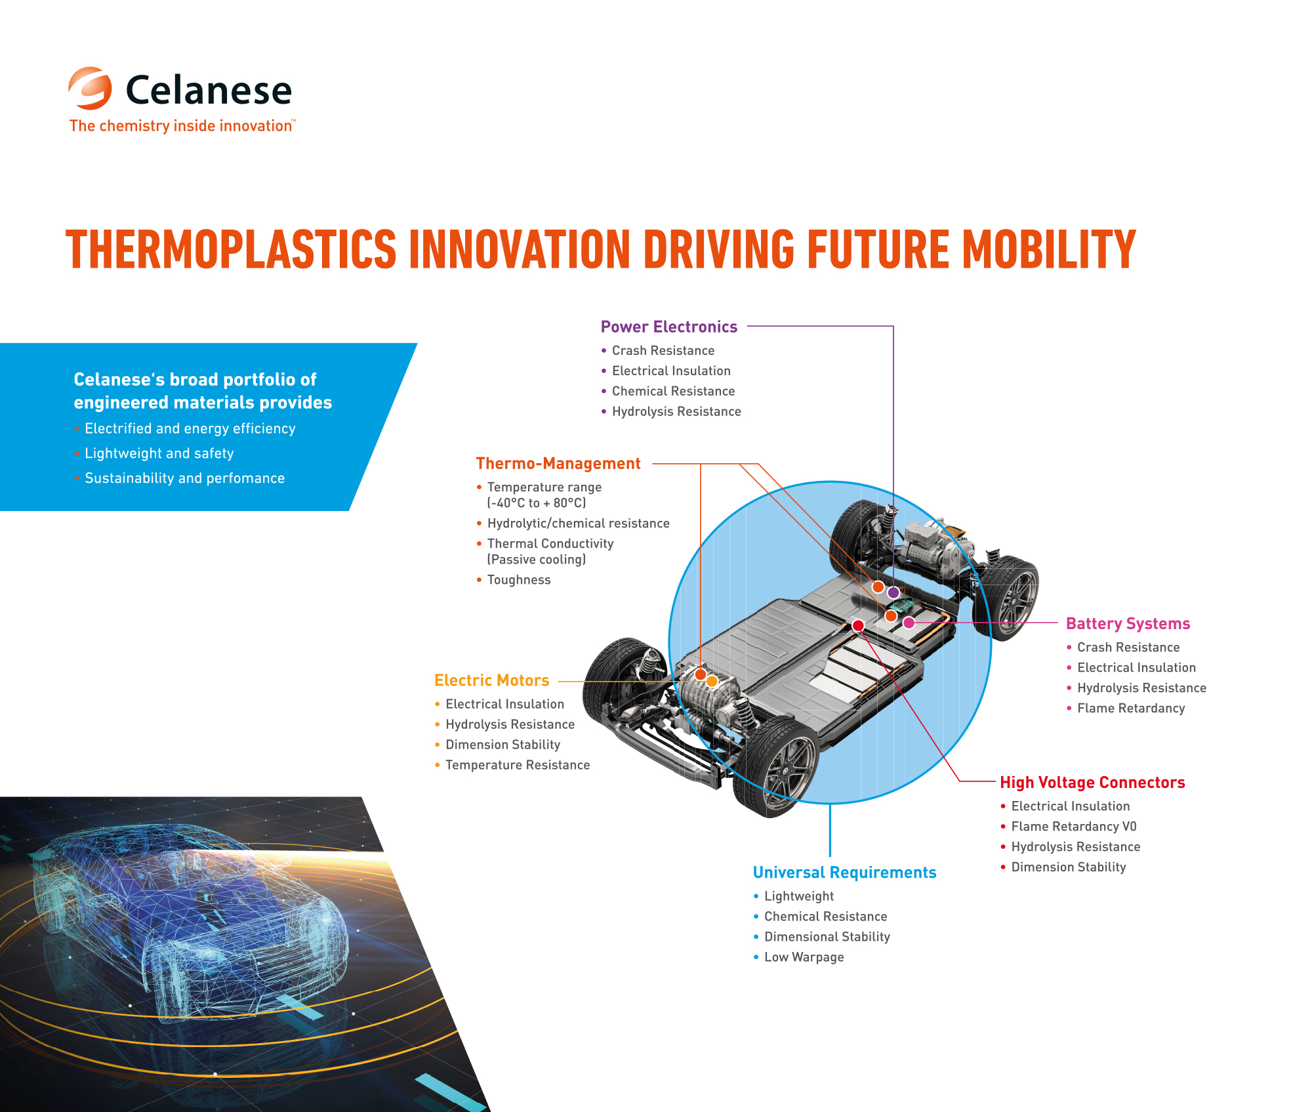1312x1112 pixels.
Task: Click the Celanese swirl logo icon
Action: pyautogui.click(x=90, y=88)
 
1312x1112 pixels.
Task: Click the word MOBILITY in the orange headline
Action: pyautogui.click(x=1049, y=249)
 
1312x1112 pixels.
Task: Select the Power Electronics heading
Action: pyautogui.click(x=668, y=327)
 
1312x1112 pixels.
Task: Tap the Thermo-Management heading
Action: pyautogui.click(x=558, y=463)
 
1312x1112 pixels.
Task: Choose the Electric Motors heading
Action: pyautogui.click(x=491, y=680)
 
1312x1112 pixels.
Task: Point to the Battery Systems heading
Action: pyautogui.click(x=1128, y=624)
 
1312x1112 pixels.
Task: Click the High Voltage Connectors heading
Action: pyautogui.click(x=1092, y=783)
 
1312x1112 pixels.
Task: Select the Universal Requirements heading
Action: pyautogui.click(x=844, y=873)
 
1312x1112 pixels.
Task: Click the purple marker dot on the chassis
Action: pyautogui.click(x=893, y=592)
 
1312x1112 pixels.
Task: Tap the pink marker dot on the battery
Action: pyautogui.click(x=909, y=623)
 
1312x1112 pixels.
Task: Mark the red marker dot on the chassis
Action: pyautogui.click(x=858, y=625)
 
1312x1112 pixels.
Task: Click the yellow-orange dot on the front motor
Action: pyautogui.click(x=712, y=682)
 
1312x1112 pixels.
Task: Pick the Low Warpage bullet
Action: pyautogui.click(x=798, y=957)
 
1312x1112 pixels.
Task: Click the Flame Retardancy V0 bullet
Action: pyautogui.click(x=1068, y=827)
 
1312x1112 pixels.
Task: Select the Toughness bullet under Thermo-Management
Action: pyautogui.click(x=513, y=580)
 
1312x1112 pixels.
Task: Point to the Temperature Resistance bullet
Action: pyautogui.click(x=512, y=765)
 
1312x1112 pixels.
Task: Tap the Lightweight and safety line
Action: pyautogui.click(x=154, y=453)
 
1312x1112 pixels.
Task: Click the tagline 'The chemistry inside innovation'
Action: pyautogui.click(x=181, y=126)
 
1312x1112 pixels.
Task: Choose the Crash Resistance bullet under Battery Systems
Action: pyautogui.click(x=1122, y=648)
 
